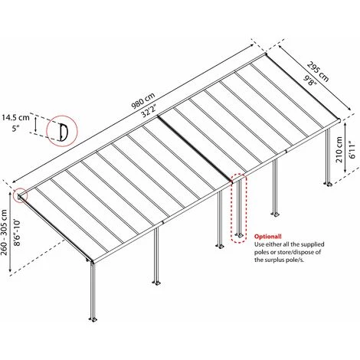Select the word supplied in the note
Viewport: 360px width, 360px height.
click(330, 245)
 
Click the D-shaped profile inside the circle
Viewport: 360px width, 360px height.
click(61, 132)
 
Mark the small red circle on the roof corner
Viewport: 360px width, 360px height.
click(20, 195)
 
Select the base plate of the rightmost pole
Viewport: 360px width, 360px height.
click(331, 184)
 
